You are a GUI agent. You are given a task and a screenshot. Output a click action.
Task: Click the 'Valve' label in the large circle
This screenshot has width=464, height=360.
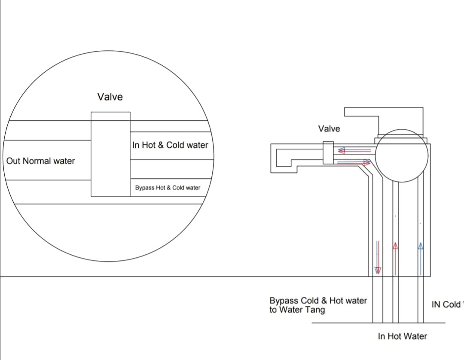click(110, 97)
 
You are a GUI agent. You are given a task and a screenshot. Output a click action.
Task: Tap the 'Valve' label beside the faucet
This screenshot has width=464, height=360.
click(329, 128)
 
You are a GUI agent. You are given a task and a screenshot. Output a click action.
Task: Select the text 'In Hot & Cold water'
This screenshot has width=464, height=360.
click(170, 145)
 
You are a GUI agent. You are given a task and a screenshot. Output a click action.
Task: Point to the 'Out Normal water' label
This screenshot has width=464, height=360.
click(41, 161)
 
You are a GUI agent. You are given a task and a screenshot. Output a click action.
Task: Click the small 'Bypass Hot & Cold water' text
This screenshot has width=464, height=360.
click(168, 188)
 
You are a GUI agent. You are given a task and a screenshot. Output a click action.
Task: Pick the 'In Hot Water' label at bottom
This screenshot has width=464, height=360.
click(403, 336)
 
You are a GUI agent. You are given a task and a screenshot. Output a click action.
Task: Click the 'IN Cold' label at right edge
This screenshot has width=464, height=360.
click(446, 305)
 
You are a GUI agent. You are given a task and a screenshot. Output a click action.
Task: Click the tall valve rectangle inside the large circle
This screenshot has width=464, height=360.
click(110, 154)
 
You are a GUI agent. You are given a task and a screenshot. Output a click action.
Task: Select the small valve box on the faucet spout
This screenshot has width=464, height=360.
click(328, 153)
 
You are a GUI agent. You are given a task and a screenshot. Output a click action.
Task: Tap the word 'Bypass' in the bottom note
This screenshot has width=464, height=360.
click(283, 301)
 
